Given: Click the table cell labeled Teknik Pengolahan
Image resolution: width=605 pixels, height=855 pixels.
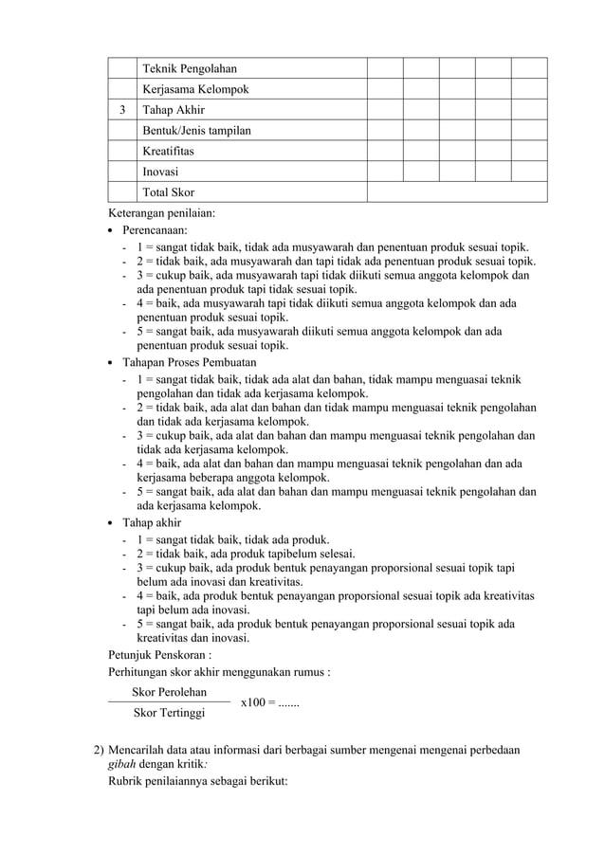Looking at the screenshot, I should pos(189,68).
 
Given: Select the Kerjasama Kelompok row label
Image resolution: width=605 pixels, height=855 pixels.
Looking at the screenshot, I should pos(195,89).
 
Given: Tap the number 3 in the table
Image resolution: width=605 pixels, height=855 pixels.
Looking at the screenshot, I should pos(121,110).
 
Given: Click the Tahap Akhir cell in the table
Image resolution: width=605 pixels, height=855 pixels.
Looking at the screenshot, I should pos(174,110).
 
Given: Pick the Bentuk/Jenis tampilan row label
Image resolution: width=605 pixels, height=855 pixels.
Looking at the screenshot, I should pos(196,131).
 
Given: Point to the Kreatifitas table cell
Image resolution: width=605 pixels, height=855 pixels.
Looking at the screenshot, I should pos(172,152).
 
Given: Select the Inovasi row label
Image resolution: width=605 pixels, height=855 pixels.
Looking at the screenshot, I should pos(160,173).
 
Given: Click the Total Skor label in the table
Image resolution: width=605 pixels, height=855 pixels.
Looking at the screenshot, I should pos(168,192).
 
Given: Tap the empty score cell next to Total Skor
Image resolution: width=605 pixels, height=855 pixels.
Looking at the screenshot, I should pos(457,192).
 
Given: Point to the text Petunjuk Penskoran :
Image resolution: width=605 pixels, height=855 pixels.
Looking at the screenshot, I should pos(160,654).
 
